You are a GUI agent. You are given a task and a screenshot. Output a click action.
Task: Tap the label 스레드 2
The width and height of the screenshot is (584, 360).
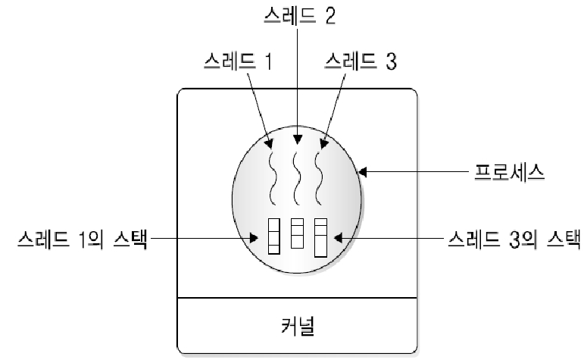(298, 15)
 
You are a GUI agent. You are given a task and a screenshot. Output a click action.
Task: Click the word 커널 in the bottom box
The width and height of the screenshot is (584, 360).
(297, 328)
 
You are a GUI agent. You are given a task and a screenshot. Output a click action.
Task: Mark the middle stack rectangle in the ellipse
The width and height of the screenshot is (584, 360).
(298, 233)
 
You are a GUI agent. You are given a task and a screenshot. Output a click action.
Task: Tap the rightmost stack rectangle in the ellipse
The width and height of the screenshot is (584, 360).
(320, 236)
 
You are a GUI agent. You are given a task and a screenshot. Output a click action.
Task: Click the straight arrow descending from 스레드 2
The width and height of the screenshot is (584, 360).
(298, 83)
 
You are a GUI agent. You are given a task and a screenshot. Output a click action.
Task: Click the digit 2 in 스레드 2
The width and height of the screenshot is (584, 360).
(329, 15)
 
